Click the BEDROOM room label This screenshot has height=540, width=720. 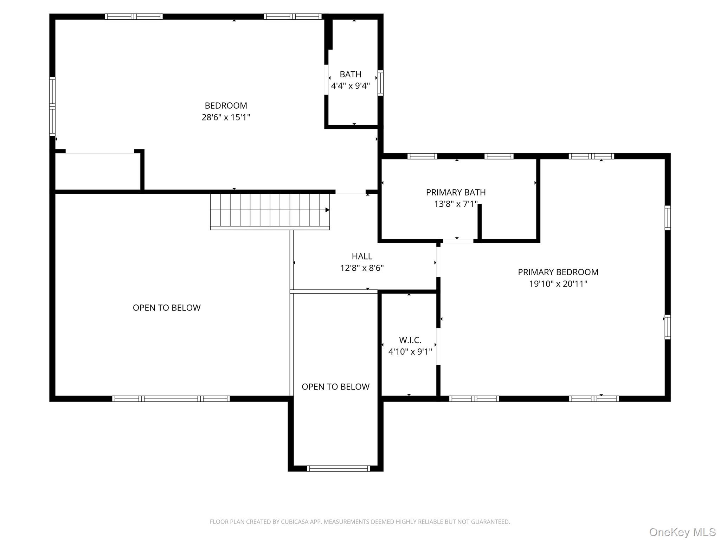coord(226,105)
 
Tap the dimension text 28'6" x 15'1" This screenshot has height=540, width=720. coord(226,117)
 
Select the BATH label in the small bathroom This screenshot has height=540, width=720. coord(350,74)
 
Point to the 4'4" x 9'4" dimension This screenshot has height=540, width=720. coord(350,86)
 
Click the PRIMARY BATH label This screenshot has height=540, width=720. coord(456,192)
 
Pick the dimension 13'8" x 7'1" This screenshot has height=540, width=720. coord(456,204)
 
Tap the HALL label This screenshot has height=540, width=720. coord(362,256)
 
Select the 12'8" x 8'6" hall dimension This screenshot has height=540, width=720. coord(362,268)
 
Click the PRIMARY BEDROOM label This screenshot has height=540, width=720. coord(558,272)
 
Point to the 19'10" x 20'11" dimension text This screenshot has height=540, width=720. coord(558,284)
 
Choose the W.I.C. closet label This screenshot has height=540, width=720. coord(410,340)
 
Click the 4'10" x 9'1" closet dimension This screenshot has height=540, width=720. coord(410,352)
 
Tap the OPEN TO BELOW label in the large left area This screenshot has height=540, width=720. coord(167,308)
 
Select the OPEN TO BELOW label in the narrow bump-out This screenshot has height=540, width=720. coord(335,387)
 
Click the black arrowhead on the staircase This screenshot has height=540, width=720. coord(327,210)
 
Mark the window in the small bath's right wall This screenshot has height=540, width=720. coord(380,83)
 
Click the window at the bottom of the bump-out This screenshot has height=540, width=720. coord(338,468)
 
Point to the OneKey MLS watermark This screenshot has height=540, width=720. coord(682,532)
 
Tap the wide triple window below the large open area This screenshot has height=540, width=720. coord(171,399)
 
